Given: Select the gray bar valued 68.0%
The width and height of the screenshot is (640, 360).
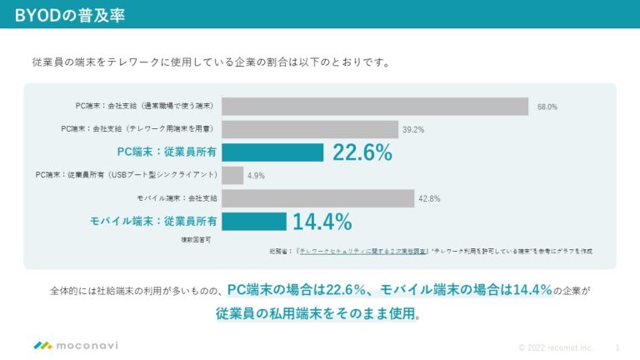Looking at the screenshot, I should pyautogui.click(x=375, y=107).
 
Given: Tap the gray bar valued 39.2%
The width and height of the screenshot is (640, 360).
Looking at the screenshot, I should pyautogui.click(x=310, y=129).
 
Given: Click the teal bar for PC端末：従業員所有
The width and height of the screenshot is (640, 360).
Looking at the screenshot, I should pyautogui.click(x=272, y=152).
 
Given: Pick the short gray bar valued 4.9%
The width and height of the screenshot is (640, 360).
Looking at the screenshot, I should pyautogui.click(x=232, y=175).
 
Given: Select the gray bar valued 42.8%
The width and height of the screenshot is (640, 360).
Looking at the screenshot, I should pyautogui.click(x=317, y=198).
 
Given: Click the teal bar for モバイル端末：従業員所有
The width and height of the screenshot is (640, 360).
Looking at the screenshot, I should pyautogui.click(x=254, y=221).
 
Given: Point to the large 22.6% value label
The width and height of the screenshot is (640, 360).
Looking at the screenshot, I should pyautogui.click(x=362, y=152).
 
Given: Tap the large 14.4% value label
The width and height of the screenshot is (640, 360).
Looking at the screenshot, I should pyautogui.click(x=322, y=221).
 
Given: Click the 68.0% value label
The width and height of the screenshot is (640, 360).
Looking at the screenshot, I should pyautogui.click(x=547, y=107).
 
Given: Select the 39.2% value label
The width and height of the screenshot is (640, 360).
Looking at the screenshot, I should pyautogui.click(x=413, y=130).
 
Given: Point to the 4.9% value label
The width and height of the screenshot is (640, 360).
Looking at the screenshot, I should pyautogui.click(x=256, y=176).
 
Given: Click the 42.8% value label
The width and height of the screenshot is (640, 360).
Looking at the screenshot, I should pyautogui.click(x=430, y=198).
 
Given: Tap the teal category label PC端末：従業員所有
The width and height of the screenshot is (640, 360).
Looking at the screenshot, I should pyautogui.click(x=167, y=152).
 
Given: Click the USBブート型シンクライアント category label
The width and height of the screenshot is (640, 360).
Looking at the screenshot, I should pyautogui.click(x=127, y=175).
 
